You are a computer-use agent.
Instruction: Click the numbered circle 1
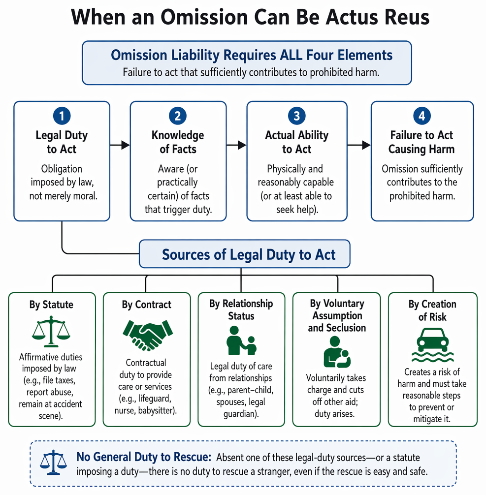click(62, 116)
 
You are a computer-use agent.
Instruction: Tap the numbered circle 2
click(178, 116)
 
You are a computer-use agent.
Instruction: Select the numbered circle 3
click(297, 116)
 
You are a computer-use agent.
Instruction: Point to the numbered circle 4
click(422, 116)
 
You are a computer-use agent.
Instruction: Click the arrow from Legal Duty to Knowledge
click(120, 145)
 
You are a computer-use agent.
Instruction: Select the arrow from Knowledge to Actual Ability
click(236, 145)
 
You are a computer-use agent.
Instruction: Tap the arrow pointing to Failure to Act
click(359, 145)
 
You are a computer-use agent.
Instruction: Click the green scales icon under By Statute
click(51, 331)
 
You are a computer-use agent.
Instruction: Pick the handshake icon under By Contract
click(148, 335)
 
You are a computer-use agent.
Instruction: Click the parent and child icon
click(241, 340)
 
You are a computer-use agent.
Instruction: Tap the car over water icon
click(432, 345)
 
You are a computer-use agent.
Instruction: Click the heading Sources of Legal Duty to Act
click(249, 254)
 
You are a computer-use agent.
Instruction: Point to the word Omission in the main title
click(204, 17)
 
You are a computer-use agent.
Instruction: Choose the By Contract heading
click(147, 304)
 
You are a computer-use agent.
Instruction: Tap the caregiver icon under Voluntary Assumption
click(337, 352)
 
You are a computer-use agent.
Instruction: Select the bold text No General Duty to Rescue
click(144, 457)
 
